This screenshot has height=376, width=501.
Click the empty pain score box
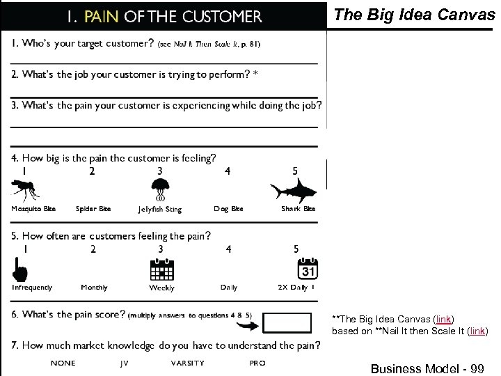[x=287, y=323]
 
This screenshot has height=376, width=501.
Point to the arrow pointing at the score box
[x=246, y=322]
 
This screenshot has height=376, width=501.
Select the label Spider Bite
[x=93, y=208]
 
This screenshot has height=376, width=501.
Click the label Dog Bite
[x=228, y=208]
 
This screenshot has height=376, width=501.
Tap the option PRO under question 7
[x=257, y=363]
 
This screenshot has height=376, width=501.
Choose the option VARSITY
[x=187, y=363]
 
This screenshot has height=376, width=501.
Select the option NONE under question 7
[x=64, y=363]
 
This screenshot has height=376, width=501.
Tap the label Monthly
[x=94, y=287]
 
